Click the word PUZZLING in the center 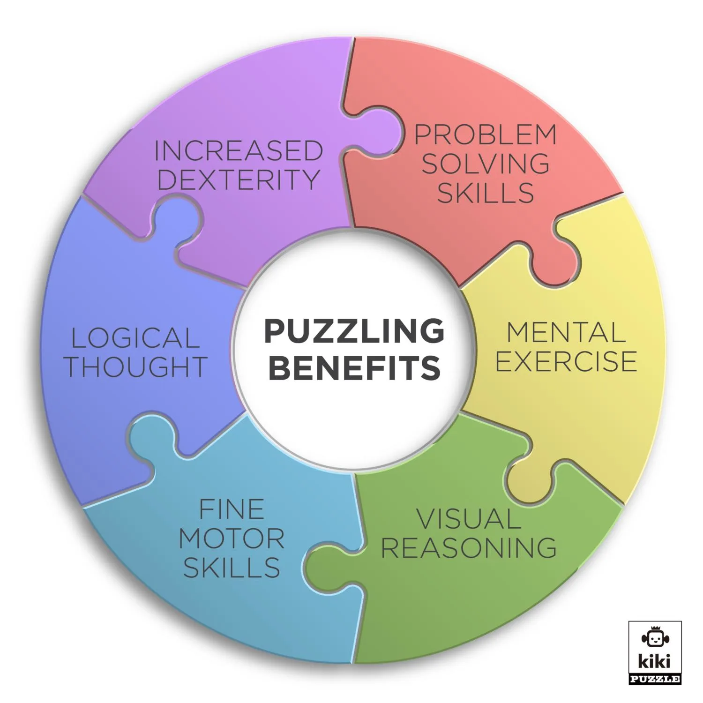[x=354, y=331]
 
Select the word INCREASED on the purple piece [x=239, y=151]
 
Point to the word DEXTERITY [x=239, y=179]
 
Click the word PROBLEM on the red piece [x=486, y=135]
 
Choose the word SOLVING [x=486, y=164]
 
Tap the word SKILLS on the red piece [x=486, y=193]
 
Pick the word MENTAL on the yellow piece [x=566, y=333]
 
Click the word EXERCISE [x=566, y=361]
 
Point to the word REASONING [x=469, y=547]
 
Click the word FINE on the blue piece [x=232, y=509]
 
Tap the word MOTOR [x=232, y=538]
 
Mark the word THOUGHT [x=136, y=367]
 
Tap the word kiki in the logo [x=655, y=661]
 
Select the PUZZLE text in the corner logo [x=655, y=678]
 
